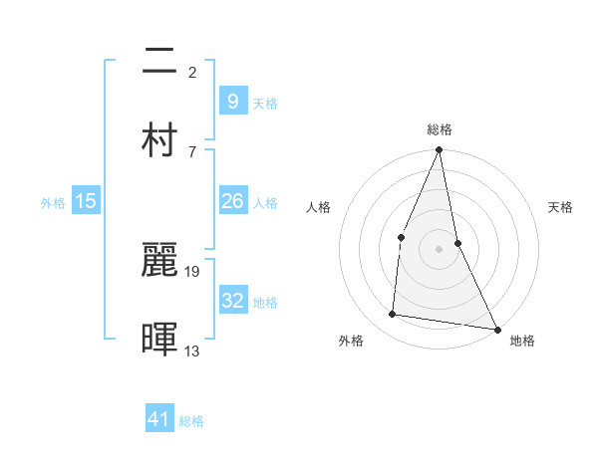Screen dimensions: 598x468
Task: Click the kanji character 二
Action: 160,62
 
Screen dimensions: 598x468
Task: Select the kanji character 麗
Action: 160,261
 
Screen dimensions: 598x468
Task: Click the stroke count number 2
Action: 191,72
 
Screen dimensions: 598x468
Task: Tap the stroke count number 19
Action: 193,271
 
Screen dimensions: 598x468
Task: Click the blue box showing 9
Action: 232,101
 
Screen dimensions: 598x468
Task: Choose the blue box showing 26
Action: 232,201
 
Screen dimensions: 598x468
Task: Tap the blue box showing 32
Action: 232,301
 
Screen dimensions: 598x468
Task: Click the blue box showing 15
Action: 86,201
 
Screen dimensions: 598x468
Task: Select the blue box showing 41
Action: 159,419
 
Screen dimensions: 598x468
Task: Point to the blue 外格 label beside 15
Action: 53,203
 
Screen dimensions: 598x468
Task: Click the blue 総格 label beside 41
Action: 191,421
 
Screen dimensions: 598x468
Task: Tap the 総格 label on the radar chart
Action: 440,129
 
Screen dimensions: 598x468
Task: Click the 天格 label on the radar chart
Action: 561,207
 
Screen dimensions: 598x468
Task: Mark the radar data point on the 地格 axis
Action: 496,329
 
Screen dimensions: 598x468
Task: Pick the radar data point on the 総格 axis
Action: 440,151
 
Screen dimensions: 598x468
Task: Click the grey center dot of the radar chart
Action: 440,249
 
